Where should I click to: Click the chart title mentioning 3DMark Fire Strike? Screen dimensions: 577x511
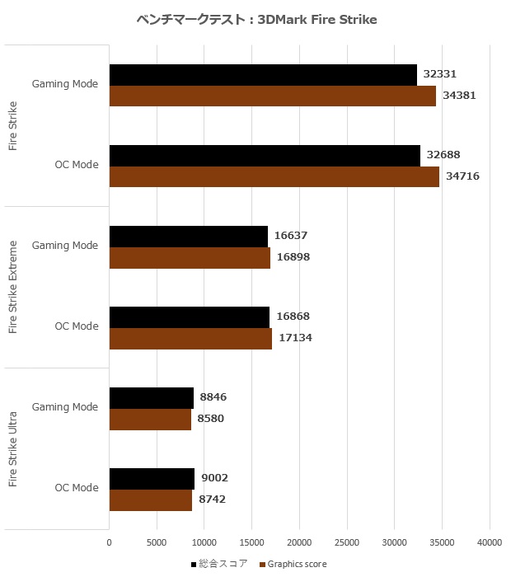click(x=255, y=20)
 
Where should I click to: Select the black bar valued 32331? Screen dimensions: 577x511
click(x=263, y=75)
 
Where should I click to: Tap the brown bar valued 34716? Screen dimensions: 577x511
click(x=274, y=176)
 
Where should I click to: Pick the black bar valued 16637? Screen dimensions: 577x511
click(x=188, y=237)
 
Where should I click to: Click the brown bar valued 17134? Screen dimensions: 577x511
click(x=190, y=338)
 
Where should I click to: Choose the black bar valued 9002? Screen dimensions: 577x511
click(x=152, y=479)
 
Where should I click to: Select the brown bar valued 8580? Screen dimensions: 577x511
click(x=150, y=419)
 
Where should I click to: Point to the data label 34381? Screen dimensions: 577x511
click(x=459, y=96)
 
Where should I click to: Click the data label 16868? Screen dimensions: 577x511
click(x=293, y=317)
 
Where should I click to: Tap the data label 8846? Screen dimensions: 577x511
click(x=213, y=397)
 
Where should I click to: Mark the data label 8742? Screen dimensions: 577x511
click(x=212, y=500)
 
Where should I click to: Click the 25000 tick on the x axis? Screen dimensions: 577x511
click(x=346, y=542)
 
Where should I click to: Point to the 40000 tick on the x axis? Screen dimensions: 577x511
click(x=490, y=542)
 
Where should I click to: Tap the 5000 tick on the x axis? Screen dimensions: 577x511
click(x=156, y=542)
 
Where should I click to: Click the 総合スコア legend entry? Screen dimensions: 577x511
click(x=221, y=564)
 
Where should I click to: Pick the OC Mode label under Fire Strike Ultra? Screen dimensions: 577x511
click(x=77, y=488)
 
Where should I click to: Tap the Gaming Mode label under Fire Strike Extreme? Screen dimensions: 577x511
click(x=65, y=246)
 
